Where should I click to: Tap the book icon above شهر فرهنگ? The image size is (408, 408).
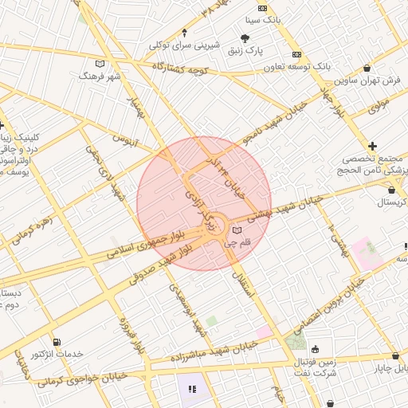pos(100,63)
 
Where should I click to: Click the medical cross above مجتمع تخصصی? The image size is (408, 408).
pos(372,146)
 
